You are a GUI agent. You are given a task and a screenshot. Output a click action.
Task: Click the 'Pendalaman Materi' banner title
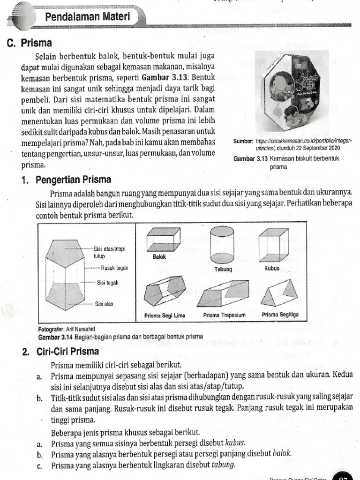[x=87, y=18]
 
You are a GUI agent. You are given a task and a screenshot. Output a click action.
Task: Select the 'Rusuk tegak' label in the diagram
[x=115, y=269]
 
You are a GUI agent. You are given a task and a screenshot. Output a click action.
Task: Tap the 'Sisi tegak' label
[x=108, y=283]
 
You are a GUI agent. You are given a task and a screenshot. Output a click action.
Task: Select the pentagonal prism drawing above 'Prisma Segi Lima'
[x=164, y=291]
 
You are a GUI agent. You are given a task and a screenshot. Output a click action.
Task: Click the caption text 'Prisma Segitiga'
[x=280, y=315]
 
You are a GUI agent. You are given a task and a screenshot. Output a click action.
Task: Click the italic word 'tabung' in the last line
[x=223, y=465]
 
